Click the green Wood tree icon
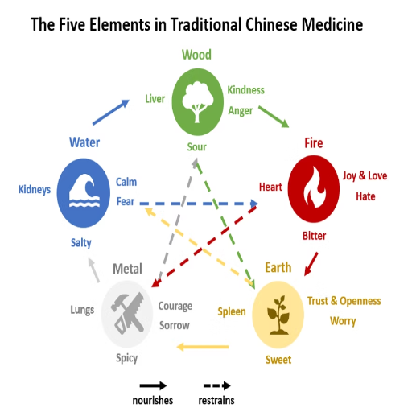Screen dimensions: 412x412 coord(198,102)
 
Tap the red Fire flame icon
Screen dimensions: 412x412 coord(314,189)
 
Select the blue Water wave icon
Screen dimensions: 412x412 coord(84,193)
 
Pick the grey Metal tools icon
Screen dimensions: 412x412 coord(127,314)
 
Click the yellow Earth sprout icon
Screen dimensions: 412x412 coord(278,315)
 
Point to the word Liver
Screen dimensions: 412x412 coord(155,99)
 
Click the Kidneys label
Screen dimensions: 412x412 coord(35,190)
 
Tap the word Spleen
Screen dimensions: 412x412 coord(232,312)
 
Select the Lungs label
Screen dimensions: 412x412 coord(82,310)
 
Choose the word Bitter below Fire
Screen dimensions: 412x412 coord(314,236)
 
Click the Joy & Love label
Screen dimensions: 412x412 coord(365,176)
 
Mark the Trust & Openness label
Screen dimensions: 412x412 coord(344,301)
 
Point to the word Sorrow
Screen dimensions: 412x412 coord(175,325)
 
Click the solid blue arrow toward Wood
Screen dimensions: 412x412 coord(111,112)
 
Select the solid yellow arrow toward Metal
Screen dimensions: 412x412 coord(203,347)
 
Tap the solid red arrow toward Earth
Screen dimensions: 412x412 coord(311,264)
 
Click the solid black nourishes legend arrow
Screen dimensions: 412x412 coord(153,386)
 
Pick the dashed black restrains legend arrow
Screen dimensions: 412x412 coord(217,386)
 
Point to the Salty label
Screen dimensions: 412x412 coord(81,243)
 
